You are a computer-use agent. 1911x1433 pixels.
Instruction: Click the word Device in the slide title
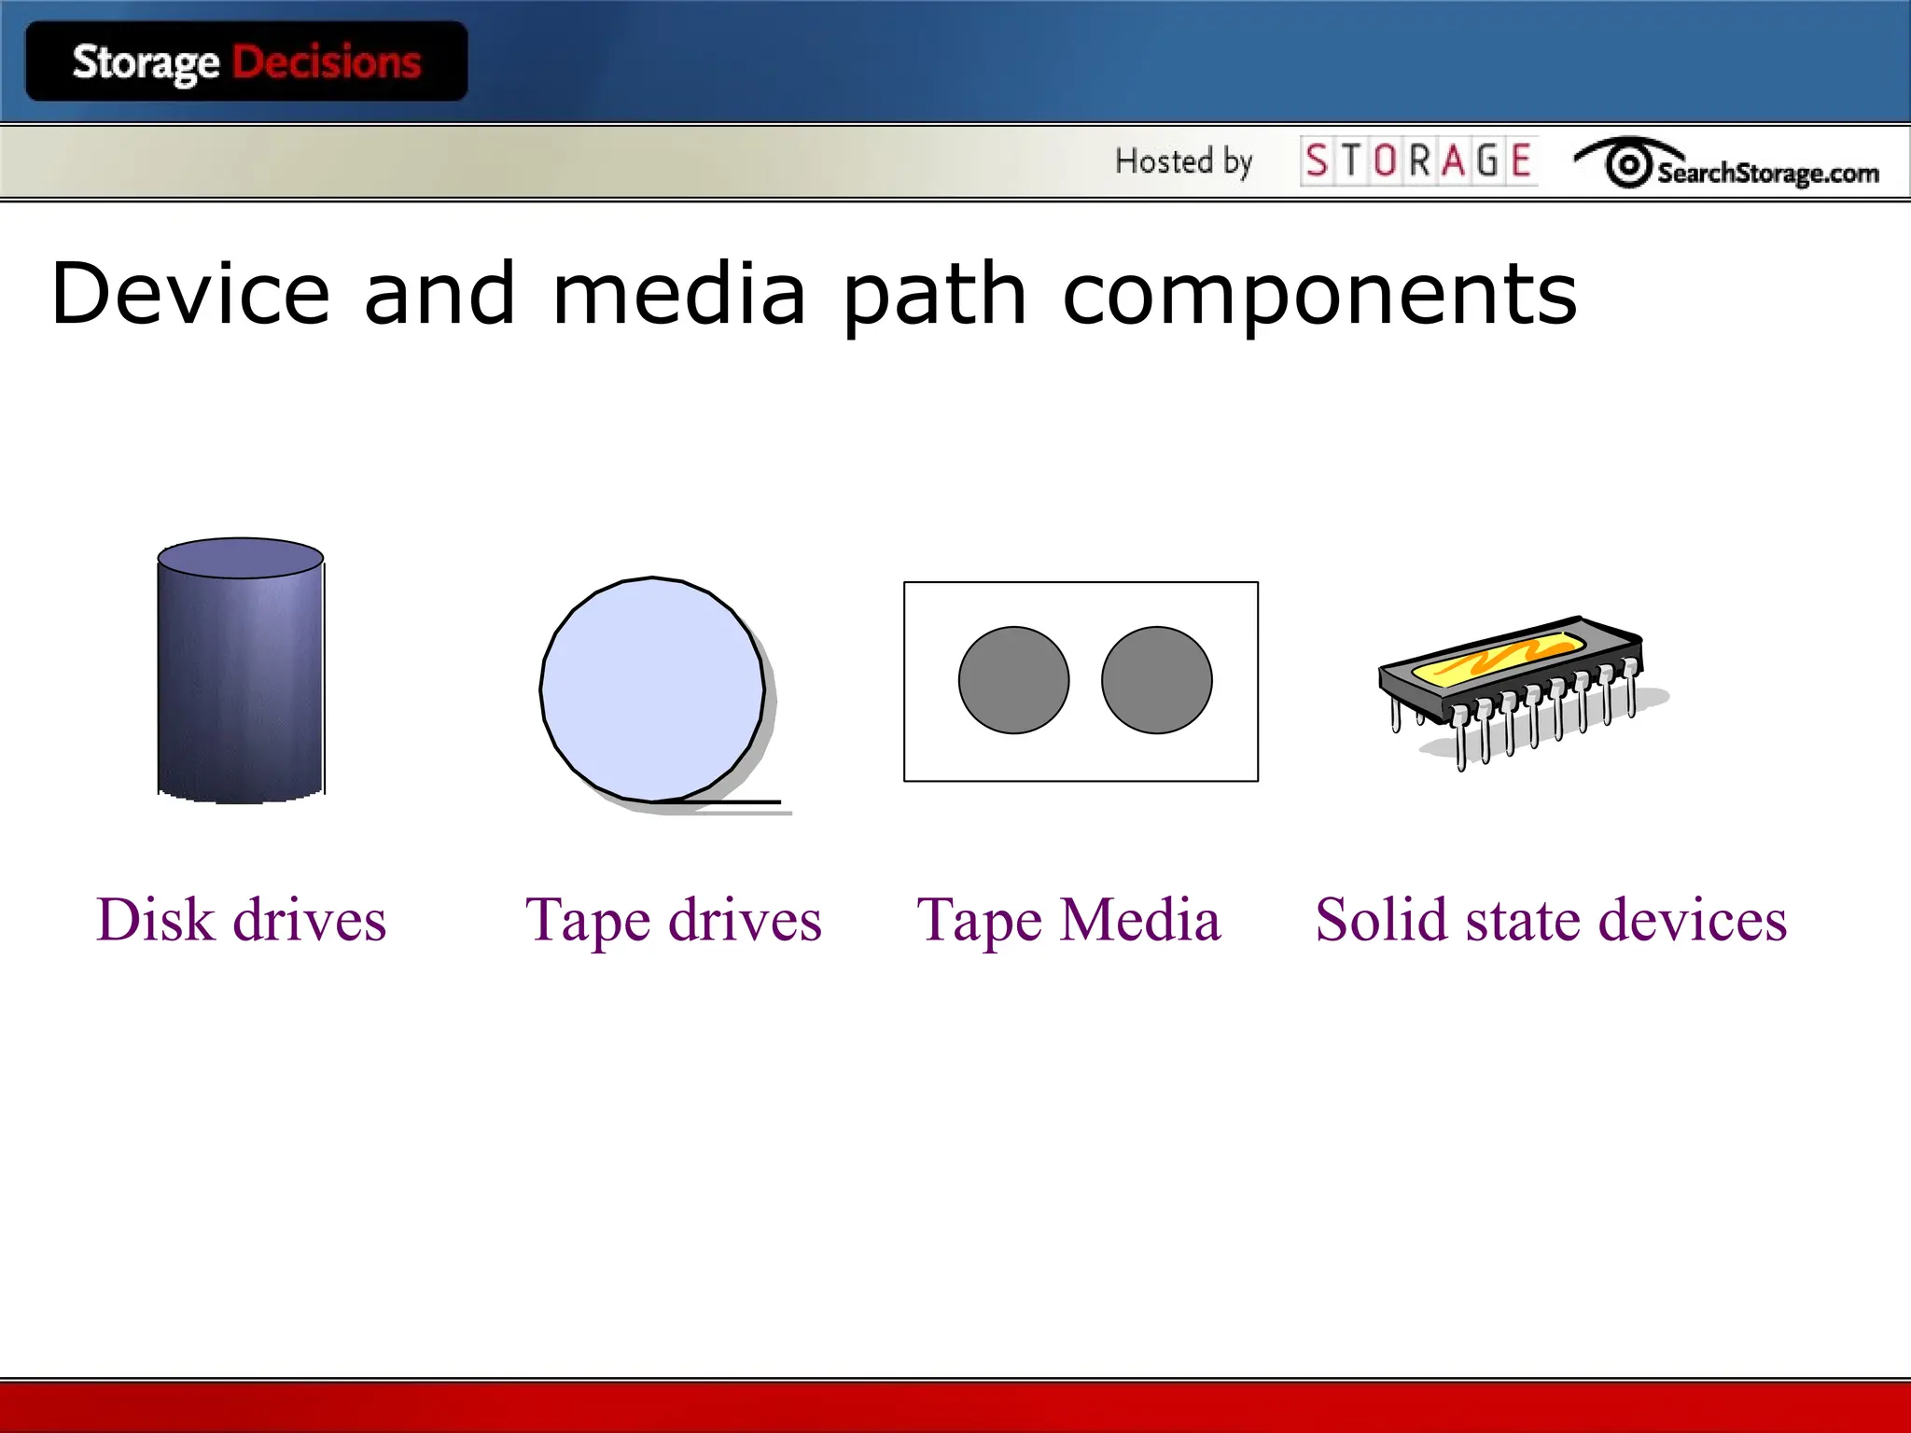190,294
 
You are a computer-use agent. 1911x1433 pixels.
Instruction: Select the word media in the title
679,294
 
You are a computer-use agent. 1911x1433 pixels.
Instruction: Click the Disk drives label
241,920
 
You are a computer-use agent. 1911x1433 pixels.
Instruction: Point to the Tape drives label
674,920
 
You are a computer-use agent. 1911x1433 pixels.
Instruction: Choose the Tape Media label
1068,920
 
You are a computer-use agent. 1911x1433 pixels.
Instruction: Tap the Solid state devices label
1551,920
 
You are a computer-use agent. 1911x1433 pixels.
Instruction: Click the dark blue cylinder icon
241,690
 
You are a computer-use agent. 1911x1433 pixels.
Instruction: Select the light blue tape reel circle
652,689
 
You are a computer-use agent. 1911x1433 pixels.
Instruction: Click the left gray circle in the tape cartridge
1013,680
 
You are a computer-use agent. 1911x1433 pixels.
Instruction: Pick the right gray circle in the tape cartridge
1156,680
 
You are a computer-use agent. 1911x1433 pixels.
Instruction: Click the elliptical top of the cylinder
241,558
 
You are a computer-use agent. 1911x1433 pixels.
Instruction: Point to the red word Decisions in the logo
327,63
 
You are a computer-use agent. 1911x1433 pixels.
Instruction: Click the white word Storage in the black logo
146,63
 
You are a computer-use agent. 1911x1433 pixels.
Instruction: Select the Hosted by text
1183,161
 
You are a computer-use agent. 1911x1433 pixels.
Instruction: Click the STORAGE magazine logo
1418,161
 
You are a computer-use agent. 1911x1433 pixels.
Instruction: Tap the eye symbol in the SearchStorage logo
1628,164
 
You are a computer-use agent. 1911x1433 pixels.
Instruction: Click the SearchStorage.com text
1767,173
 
